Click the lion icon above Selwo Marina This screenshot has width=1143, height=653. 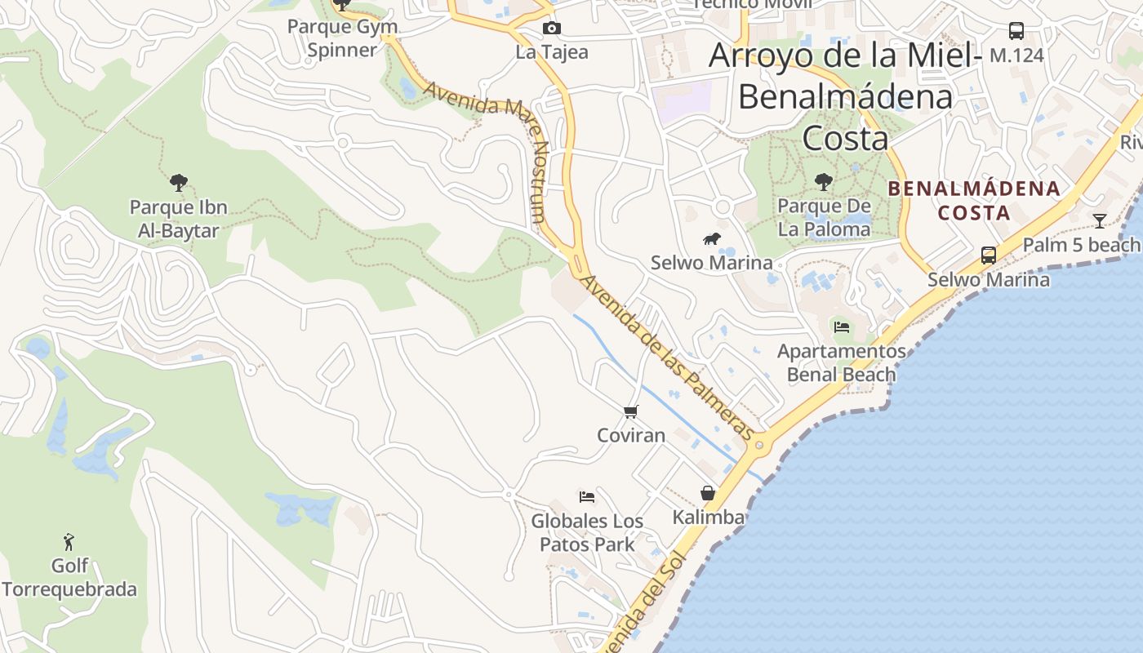[x=712, y=239]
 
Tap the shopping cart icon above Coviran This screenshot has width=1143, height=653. [x=630, y=411]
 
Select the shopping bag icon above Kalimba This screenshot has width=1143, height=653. [x=708, y=493]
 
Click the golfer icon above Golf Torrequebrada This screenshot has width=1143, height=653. [x=69, y=541]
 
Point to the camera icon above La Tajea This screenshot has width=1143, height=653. [x=552, y=29]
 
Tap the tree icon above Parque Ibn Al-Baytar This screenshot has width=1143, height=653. [x=178, y=183]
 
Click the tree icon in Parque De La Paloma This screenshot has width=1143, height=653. [x=823, y=181]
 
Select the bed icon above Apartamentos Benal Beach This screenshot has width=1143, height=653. [x=842, y=327]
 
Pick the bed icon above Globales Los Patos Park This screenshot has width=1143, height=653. [x=587, y=496]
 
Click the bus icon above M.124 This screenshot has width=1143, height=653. [x=1016, y=31]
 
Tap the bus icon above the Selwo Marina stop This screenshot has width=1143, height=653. [x=989, y=255]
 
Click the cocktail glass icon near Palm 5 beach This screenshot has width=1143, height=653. [x=1100, y=220]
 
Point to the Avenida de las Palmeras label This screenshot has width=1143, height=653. [x=665, y=357]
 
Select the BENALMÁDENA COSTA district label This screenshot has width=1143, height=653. [x=974, y=201]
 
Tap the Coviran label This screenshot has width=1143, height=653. [x=631, y=435]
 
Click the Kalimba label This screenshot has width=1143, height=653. [x=708, y=517]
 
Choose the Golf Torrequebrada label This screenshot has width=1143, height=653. [x=69, y=577]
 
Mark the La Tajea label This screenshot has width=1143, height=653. [x=552, y=52]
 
